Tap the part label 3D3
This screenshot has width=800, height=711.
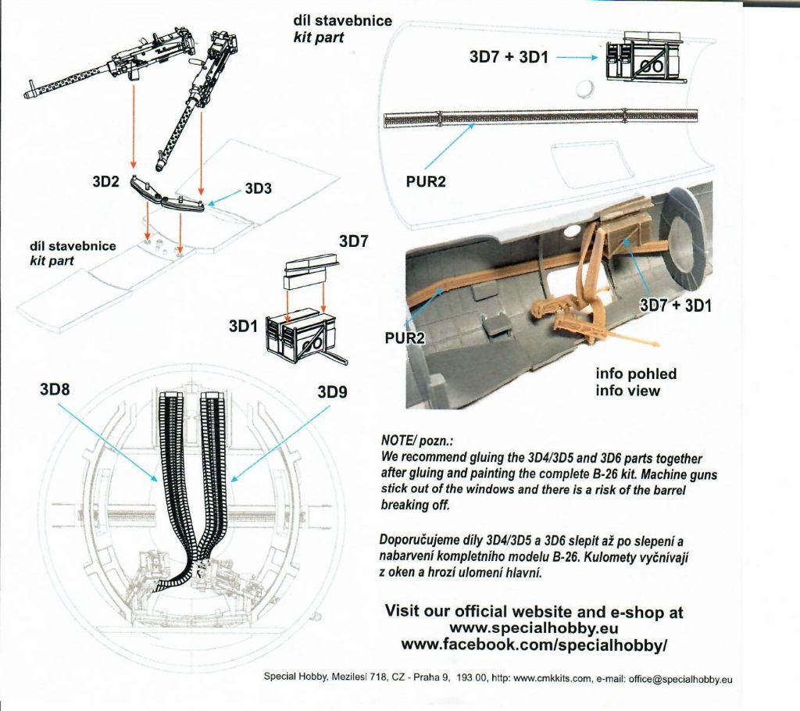pos(258,188)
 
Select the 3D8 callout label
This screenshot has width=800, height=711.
pos(55,388)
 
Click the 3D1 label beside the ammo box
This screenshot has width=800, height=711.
pos(243,327)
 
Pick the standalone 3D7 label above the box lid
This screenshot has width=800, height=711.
pos(353,242)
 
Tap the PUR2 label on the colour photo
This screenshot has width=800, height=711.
pos(405,337)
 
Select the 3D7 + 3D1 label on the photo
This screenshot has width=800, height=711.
pos(676,305)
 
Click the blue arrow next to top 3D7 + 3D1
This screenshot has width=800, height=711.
pos(577,58)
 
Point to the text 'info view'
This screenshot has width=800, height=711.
pos(627,390)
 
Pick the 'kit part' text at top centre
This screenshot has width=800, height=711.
pos(319,37)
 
